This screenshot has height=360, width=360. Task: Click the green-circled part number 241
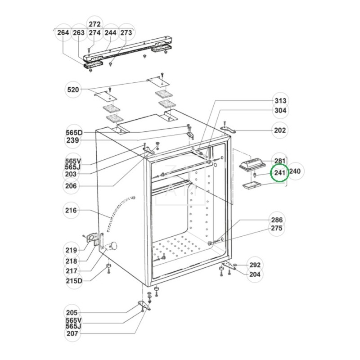tap(279, 173)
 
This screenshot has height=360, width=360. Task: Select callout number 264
tap(63, 33)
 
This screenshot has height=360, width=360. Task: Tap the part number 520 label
tap(72, 90)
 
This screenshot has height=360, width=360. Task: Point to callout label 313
tap(280, 101)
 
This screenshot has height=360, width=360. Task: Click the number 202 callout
tap(280, 130)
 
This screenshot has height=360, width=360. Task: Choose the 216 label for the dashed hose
tap(71, 211)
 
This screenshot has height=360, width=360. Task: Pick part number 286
tap(277, 220)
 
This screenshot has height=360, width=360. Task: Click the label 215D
tap(74, 281)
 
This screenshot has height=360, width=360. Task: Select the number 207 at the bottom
tap(72, 333)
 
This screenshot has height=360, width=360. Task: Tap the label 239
tap(72, 140)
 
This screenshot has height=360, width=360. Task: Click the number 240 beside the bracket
tap(295, 171)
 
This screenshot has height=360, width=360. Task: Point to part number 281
tap(280, 161)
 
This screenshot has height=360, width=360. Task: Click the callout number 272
tap(94, 24)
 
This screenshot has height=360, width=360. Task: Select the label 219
tap(71, 250)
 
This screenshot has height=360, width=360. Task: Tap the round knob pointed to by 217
tap(113, 246)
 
